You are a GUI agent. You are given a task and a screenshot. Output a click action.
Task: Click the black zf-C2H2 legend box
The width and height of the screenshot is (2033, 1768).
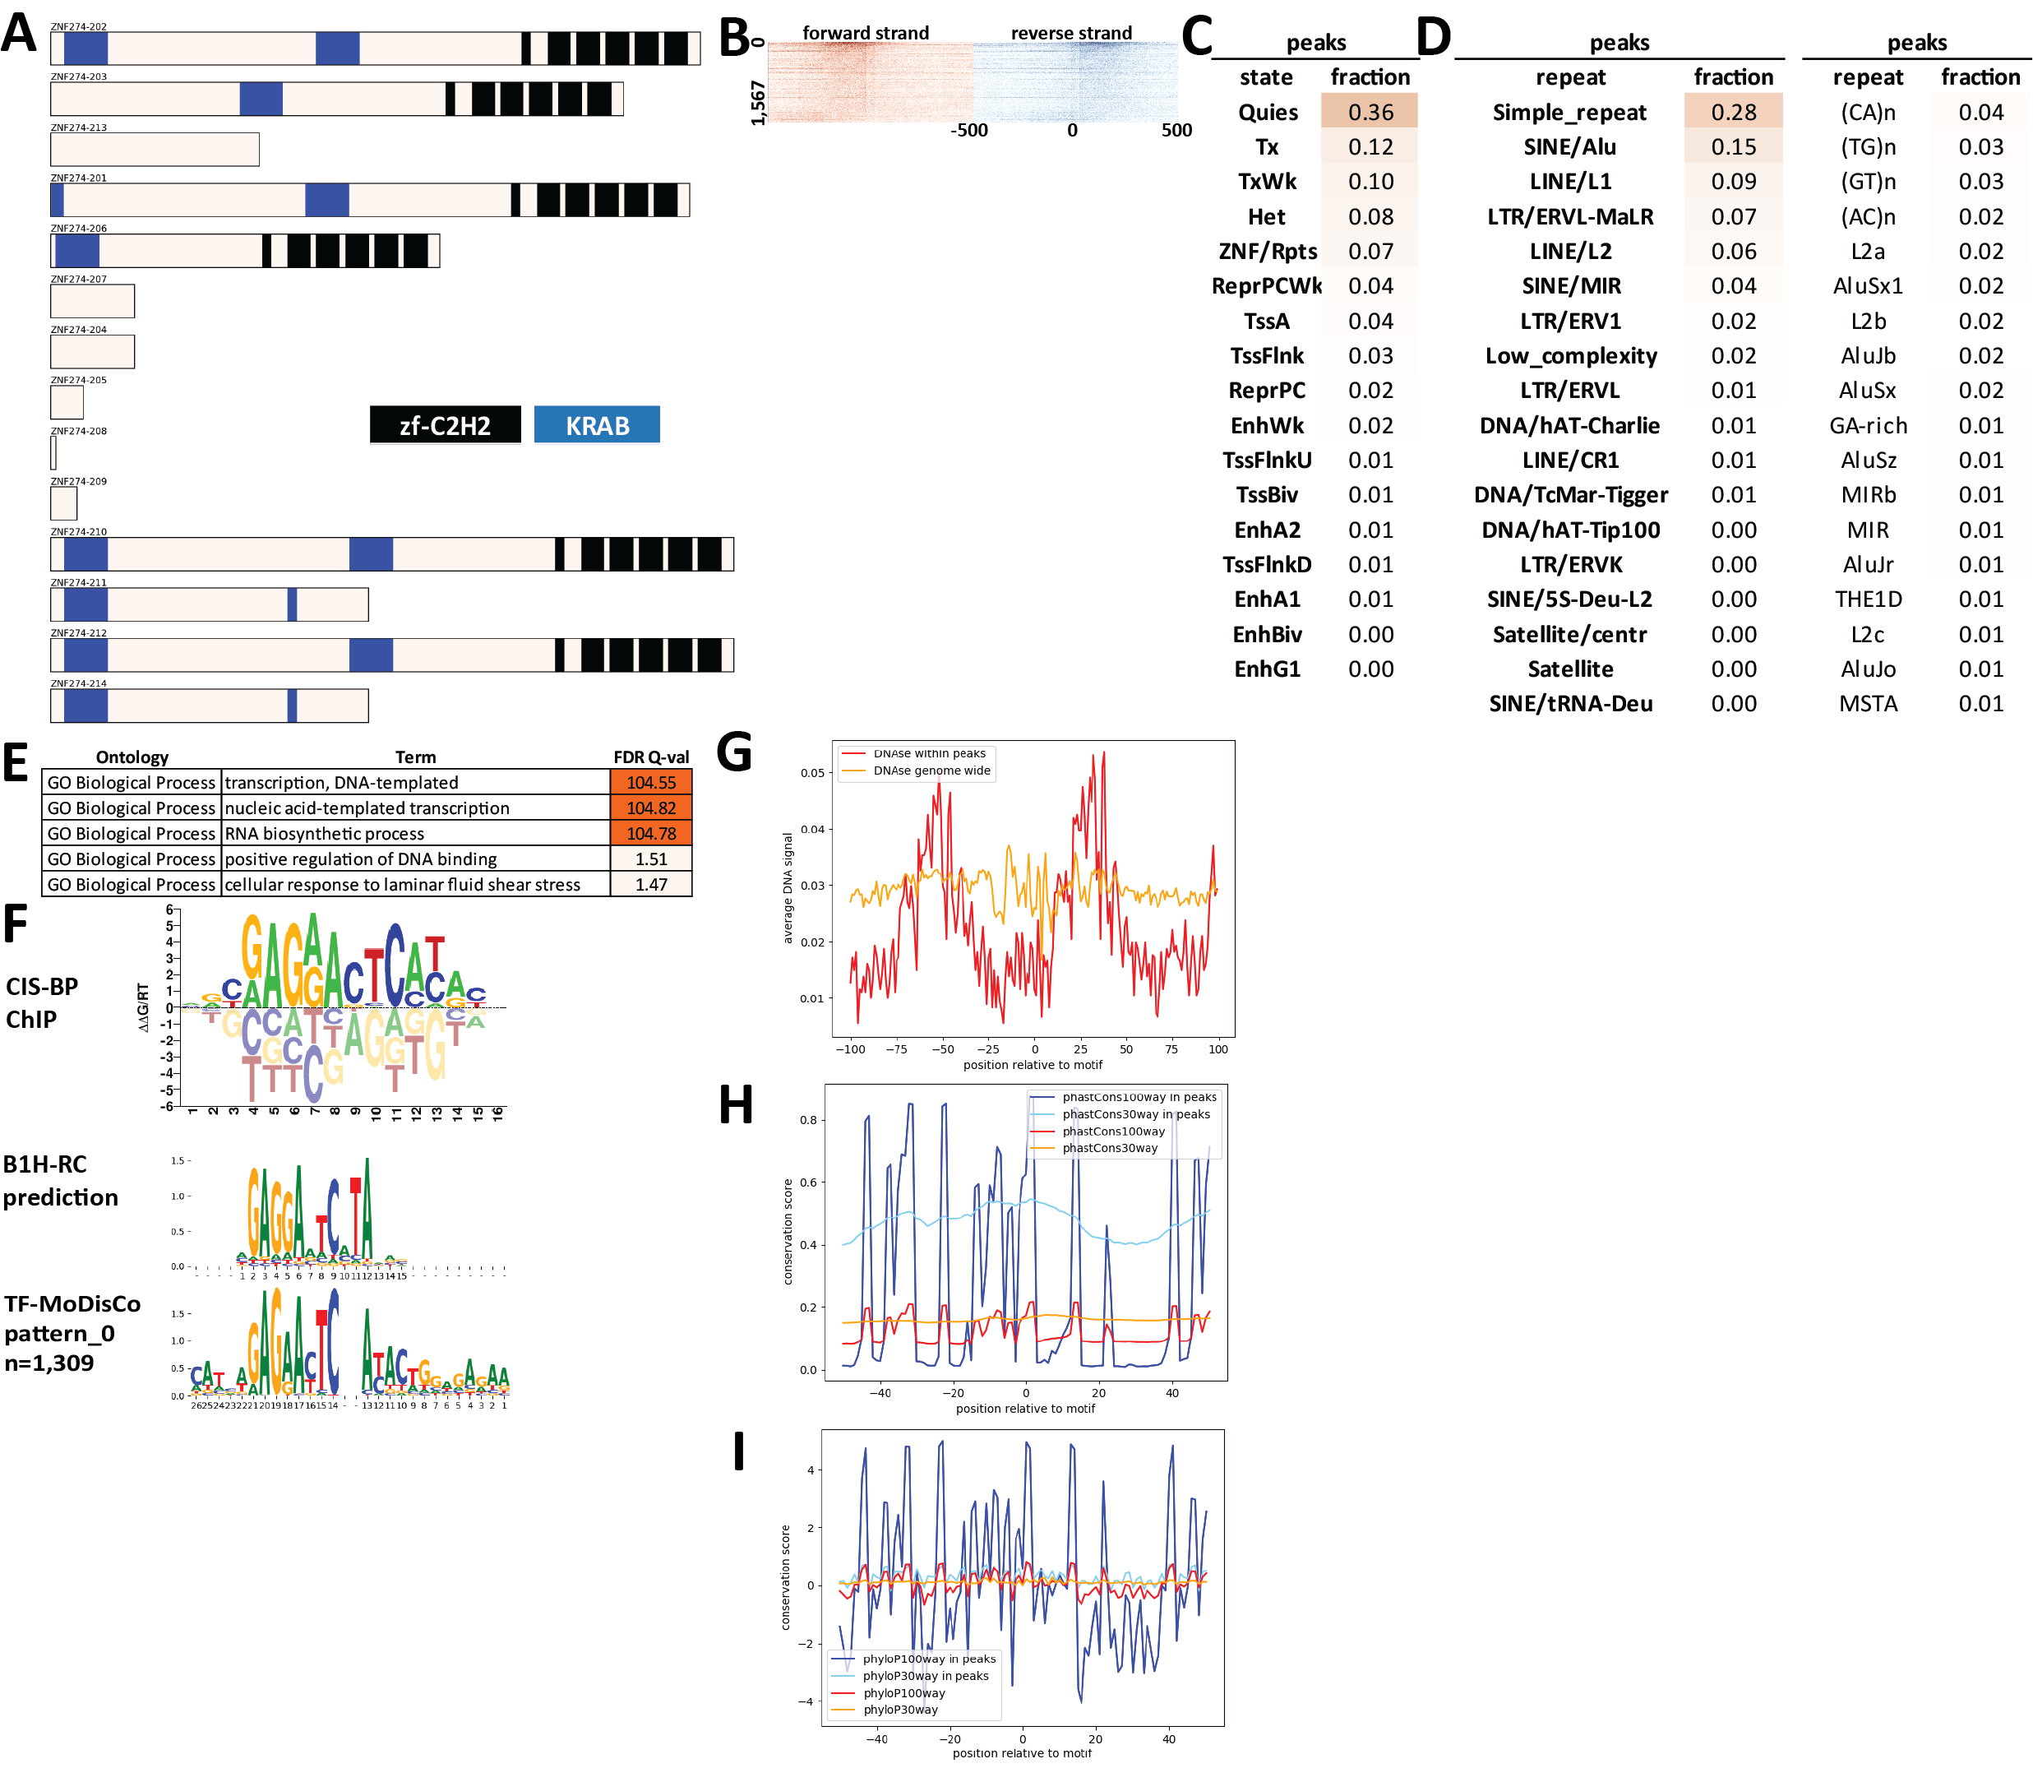point(445,425)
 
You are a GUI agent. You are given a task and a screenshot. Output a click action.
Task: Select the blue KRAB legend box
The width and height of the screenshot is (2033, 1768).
point(597,425)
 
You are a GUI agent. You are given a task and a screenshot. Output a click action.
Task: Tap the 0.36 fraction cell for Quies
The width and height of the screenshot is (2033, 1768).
point(1370,113)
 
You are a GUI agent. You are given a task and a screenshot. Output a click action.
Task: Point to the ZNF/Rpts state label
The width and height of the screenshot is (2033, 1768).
point(1268,252)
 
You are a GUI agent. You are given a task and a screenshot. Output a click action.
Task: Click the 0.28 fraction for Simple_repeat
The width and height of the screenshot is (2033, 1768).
point(1733,113)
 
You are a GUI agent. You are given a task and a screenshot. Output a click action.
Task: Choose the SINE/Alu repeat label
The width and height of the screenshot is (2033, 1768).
point(1569,147)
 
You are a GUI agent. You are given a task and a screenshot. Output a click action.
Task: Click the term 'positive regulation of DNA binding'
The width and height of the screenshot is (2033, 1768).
point(361,859)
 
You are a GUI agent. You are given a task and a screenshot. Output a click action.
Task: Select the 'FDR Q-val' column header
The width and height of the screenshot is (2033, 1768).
point(651,757)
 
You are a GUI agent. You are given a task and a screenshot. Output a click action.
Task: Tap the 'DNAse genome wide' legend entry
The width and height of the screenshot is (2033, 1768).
point(931,771)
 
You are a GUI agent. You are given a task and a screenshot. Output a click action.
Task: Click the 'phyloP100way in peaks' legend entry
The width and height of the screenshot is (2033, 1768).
point(928,1659)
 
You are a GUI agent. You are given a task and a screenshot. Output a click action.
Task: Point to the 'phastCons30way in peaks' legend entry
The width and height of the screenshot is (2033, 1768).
point(1135,1114)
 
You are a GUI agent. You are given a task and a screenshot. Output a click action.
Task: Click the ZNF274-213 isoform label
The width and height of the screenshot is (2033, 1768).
point(79,127)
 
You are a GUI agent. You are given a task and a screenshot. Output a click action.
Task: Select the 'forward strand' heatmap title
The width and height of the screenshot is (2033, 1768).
point(865,33)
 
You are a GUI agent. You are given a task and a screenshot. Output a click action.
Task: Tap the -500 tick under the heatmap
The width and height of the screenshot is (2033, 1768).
point(968,130)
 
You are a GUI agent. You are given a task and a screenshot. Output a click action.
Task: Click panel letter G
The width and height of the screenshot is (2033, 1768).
point(735,752)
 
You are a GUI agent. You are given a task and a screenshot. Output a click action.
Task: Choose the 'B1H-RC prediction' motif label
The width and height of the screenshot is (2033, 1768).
point(60,1180)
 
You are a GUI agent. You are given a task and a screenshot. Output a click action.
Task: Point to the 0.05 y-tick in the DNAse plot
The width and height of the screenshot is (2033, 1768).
point(812,772)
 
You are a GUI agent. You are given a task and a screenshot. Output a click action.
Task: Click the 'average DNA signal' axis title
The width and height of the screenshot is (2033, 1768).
point(788,888)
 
